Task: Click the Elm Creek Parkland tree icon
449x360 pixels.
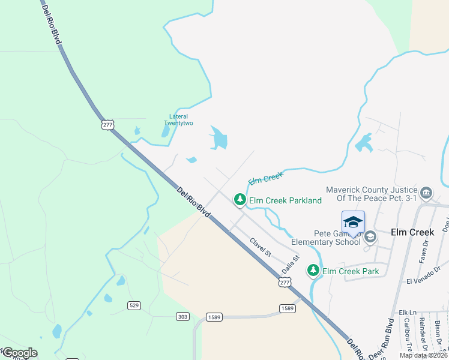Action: click(x=240, y=200)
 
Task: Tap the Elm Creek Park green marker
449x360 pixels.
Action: click(x=313, y=271)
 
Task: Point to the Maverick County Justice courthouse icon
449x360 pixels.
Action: click(x=426, y=193)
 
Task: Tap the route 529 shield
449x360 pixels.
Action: click(x=134, y=305)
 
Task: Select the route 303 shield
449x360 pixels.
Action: click(x=183, y=316)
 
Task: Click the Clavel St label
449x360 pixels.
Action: click(x=261, y=247)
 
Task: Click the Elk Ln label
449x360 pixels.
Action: click(x=407, y=313)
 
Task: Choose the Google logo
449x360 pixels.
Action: click(x=19, y=353)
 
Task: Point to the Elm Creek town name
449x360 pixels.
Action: click(x=412, y=232)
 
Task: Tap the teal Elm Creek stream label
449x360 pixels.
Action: click(x=265, y=178)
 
